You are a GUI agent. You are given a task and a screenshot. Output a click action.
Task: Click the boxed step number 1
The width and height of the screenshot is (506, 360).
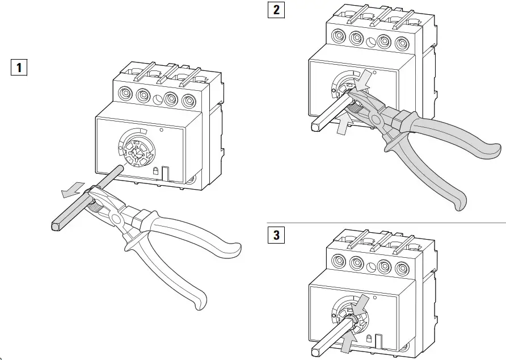19,68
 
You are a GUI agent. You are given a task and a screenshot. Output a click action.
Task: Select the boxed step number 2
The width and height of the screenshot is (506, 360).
276,10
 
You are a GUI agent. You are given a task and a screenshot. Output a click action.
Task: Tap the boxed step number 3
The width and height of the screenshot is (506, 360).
276,235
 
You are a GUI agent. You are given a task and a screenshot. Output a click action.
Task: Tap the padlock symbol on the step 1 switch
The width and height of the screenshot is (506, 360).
155,170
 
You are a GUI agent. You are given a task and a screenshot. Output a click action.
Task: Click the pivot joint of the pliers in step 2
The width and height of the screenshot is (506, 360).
375,118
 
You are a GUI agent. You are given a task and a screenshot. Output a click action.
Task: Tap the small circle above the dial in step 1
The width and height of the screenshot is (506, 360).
162,130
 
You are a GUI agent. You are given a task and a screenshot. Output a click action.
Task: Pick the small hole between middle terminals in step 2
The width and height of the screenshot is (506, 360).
371,41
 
